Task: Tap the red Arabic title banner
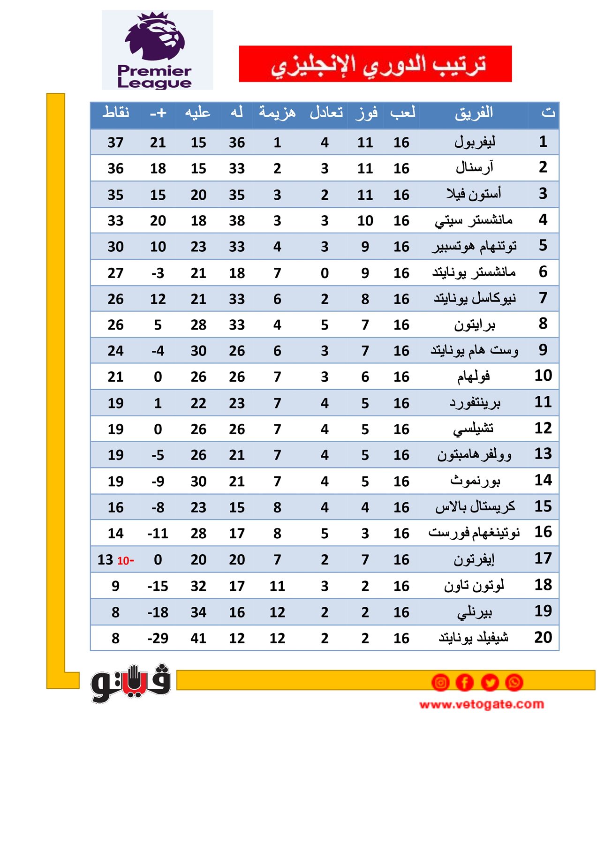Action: point(375,64)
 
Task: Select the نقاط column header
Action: point(116,113)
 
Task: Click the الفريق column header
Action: point(474,113)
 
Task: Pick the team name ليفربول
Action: point(475,142)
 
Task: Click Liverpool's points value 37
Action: point(115,143)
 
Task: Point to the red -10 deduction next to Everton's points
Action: point(126,560)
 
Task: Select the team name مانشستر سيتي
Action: point(474,220)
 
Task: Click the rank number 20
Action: point(543,637)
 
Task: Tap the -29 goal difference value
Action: point(158,638)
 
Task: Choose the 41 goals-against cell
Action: point(198,638)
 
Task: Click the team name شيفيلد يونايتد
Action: point(474,638)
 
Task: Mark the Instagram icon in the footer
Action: point(440,682)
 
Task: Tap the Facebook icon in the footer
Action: point(465,682)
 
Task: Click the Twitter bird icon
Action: point(490,682)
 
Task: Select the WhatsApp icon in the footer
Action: point(514,682)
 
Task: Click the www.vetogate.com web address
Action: point(482,704)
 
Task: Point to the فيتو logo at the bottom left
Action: point(131,683)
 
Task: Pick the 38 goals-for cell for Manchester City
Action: point(237,221)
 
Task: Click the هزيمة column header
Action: point(277,113)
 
